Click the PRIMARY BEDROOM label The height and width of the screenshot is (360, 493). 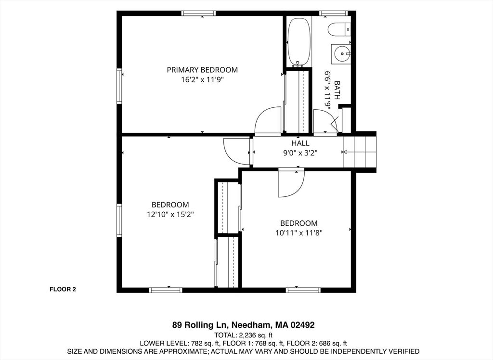click(202, 70)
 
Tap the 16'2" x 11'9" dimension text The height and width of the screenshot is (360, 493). click(202, 79)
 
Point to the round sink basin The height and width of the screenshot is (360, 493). click(341, 54)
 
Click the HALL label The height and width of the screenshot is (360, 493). click(300, 143)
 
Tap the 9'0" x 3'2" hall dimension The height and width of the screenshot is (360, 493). click(300, 153)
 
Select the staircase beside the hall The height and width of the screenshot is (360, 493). click(359, 152)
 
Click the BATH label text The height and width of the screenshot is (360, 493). click(337, 90)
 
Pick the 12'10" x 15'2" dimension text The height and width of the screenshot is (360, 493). click(170, 215)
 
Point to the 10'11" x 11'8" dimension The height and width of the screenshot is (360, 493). click(299, 233)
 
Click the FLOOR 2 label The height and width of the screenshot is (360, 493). click(63, 289)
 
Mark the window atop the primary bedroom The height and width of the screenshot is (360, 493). click(199, 13)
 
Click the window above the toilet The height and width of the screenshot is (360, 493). click(334, 13)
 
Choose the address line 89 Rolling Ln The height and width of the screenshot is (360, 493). click(243, 325)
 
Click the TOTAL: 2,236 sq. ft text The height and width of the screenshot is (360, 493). click(243, 335)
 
